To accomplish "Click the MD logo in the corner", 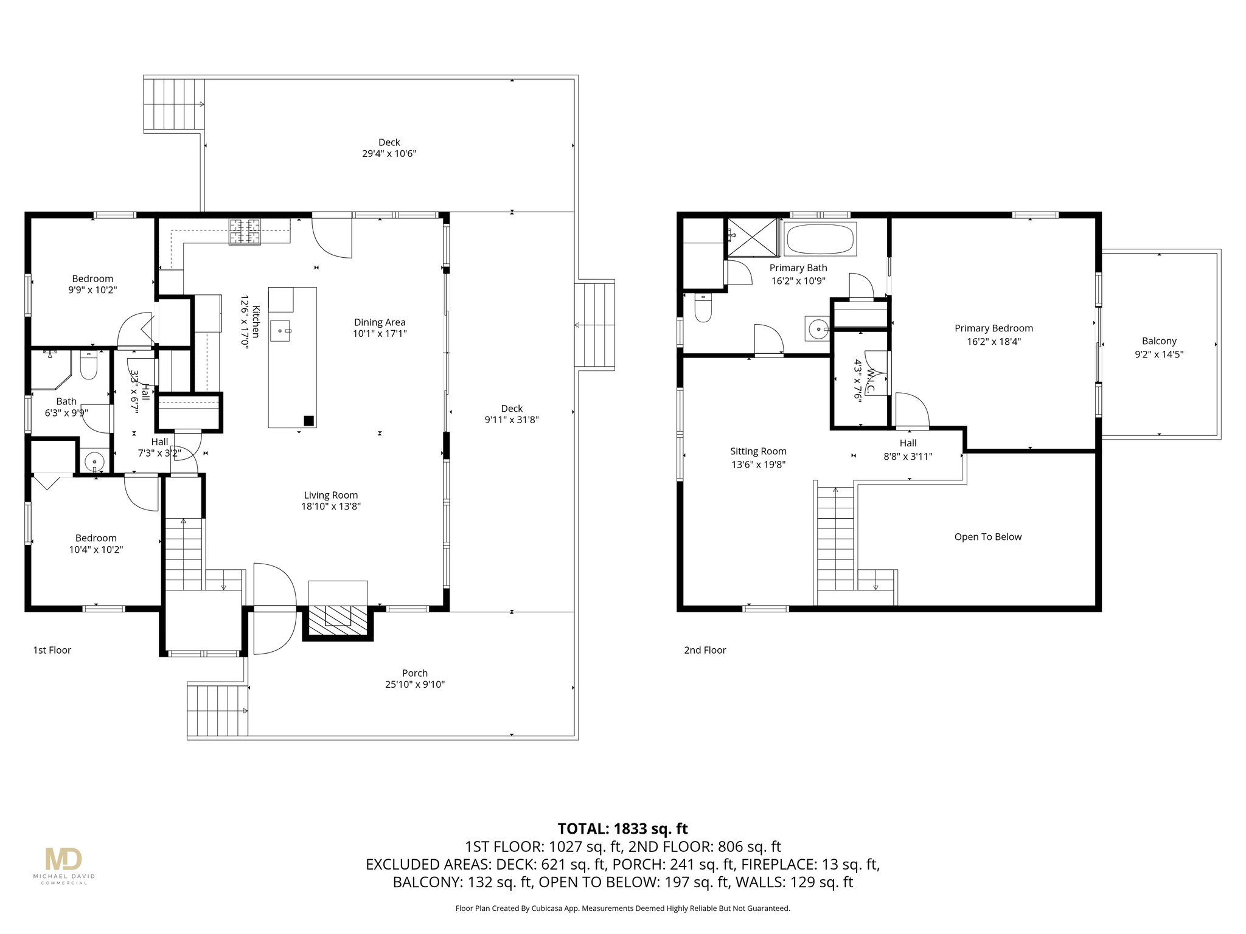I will pyautogui.click(x=63, y=859).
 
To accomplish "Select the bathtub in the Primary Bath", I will pyautogui.click(x=820, y=239).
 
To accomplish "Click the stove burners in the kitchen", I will pyautogui.click(x=244, y=232).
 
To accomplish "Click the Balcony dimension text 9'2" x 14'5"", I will pyautogui.click(x=1158, y=355).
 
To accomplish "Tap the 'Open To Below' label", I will pyautogui.click(x=987, y=537).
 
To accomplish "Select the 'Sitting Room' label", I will pyautogui.click(x=758, y=451).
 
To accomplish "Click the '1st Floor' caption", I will pyautogui.click(x=52, y=650).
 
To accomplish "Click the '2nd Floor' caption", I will pyautogui.click(x=705, y=650).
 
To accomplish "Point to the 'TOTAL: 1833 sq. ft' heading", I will pyautogui.click(x=622, y=828).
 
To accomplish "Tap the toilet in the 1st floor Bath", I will pyautogui.click(x=89, y=365).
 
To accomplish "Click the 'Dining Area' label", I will pyautogui.click(x=380, y=322).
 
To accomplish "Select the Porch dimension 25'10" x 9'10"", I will pyautogui.click(x=414, y=684).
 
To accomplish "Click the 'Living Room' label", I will pyautogui.click(x=331, y=495).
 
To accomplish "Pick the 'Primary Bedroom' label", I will pyautogui.click(x=994, y=328).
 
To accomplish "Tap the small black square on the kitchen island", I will pyautogui.click(x=308, y=420).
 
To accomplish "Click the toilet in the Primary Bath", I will pyautogui.click(x=703, y=309).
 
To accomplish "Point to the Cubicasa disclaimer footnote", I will pyautogui.click(x=622, y=908).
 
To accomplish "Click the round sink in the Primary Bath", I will pyautogui.click(x=818, y=330).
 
